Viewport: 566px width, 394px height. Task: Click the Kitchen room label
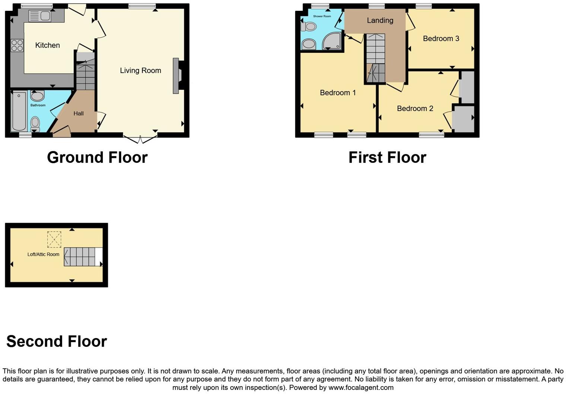tap(47, 45)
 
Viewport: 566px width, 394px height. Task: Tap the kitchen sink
tap(40, 16)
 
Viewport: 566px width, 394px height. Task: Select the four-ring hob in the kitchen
tap(17, 45)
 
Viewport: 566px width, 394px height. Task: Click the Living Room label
tap(140, 70)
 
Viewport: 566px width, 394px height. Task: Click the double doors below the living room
tap(140, 140)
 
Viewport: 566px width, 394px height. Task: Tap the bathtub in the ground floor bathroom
tap(19, 111)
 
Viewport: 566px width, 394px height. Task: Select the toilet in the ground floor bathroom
tap(35, 123)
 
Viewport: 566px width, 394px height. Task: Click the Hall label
tap(78, 114)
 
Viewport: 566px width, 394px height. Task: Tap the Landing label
tap(380, 20)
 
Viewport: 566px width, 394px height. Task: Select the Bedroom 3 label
tap(441, 38)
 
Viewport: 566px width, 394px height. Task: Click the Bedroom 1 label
tap(338, 92)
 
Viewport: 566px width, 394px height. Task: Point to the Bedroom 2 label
tap(415, 108)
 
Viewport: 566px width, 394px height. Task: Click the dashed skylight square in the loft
tap(54, 239)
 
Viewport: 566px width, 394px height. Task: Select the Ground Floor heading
tap(97, 158)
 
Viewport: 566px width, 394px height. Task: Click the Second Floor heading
tap(57, 341)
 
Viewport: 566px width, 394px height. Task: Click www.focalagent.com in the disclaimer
tap(360, 387)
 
